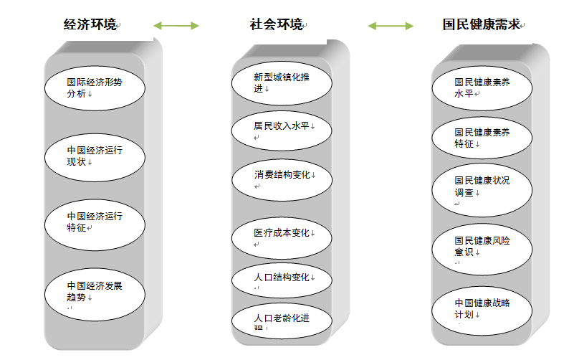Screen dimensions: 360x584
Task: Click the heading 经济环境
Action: point(90,25)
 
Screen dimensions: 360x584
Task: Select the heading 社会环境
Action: point(276,25)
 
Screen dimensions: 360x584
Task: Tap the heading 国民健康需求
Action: point(481,25)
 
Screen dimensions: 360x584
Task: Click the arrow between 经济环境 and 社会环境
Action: point(176,26)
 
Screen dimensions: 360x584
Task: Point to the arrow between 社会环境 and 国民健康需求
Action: point(391,26)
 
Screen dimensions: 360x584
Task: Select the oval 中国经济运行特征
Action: point(95,222)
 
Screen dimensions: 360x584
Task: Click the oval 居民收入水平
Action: point(282,128)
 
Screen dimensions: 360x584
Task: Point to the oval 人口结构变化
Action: point(282,280)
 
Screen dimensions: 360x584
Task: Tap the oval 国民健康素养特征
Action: point(482,138)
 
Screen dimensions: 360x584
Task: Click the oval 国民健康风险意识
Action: point(482,247)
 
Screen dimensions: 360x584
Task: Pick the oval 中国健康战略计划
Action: point(482,308)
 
